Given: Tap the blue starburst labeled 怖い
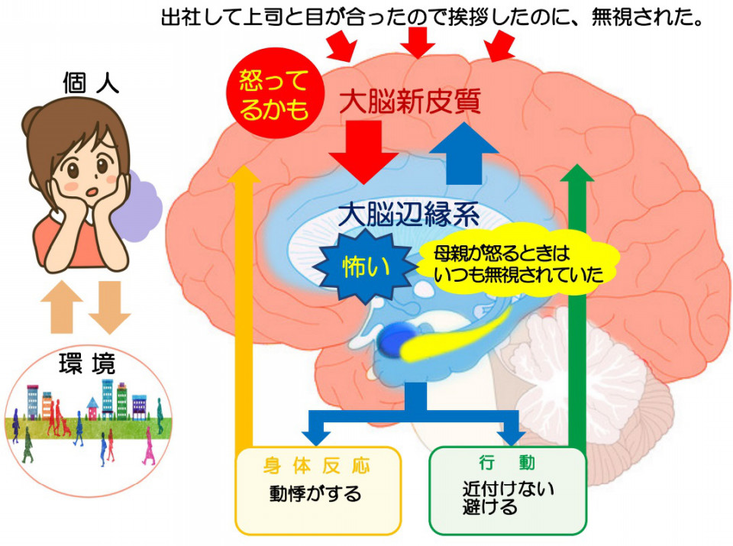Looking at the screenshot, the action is point(365,267).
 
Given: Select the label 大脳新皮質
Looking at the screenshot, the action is point(410,102).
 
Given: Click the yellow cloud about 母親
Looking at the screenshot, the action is point(519,264).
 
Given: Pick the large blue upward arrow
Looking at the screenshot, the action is point(463,154).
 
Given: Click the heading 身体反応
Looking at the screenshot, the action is point(317,466).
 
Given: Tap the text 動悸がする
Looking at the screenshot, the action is point(315,493).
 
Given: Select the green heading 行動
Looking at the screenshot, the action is point(507,463).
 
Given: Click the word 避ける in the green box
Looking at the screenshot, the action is point(490,507).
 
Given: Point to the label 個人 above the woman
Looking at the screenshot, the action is point(91,83).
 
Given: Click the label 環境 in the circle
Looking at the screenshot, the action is point(87,363).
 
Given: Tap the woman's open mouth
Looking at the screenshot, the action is point(92,192).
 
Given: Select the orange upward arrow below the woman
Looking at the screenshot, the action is point(62,307).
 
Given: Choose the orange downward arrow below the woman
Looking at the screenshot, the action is point(109,307).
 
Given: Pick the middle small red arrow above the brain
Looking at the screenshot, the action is point(418,42).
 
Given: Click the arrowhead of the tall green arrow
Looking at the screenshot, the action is point(577,173).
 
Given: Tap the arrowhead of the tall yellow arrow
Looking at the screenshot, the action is point(244,173).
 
